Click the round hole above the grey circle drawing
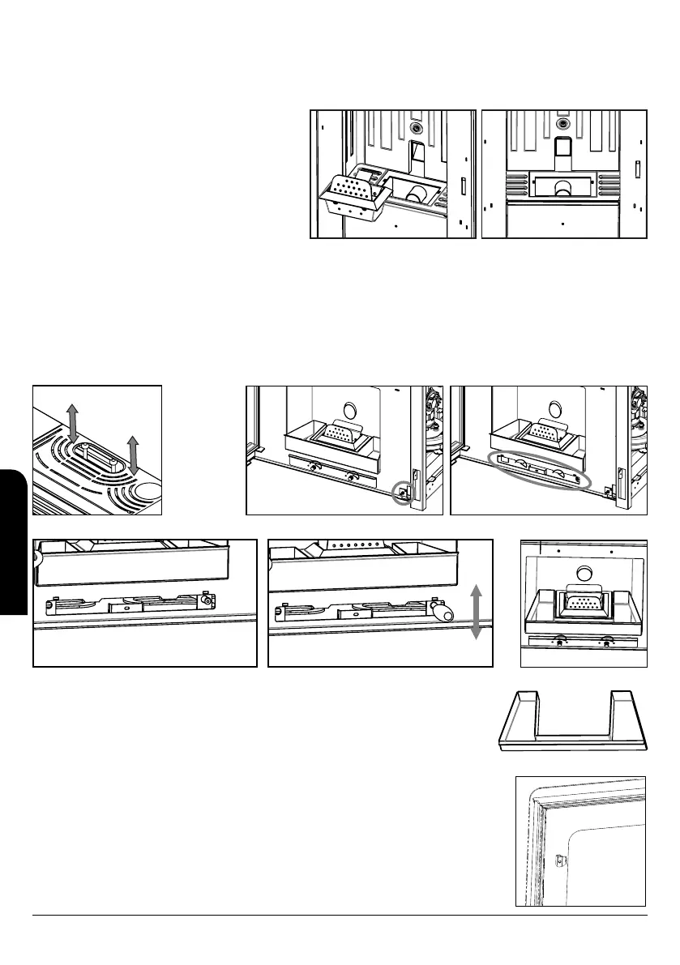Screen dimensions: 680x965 [349, 409]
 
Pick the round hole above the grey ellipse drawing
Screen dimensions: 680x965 [554, 409]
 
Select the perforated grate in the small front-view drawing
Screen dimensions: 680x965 [582, 604]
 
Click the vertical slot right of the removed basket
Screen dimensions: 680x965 [462, 186]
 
